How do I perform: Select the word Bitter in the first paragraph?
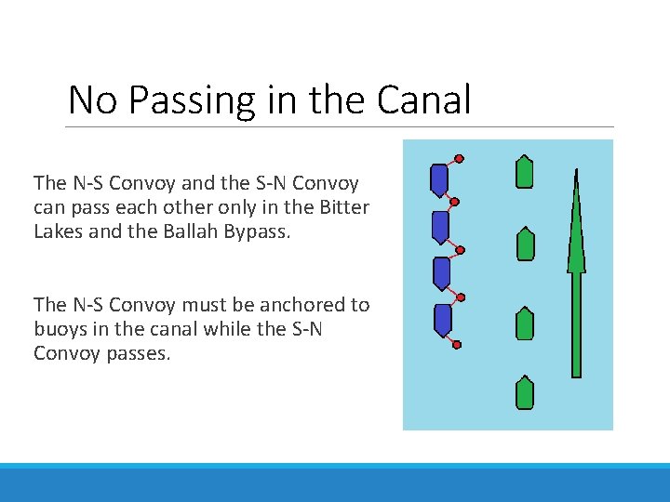point(342,206)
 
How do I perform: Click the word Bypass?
point(256,231)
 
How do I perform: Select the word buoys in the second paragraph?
point(60,329)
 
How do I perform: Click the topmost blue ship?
point(439,179)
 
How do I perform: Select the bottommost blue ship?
point(443,320)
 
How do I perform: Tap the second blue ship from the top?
point(441,227)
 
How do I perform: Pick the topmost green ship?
point(525,172)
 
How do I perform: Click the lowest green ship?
point(525,392)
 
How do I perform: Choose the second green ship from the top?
point(525,243)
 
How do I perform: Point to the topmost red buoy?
point(459,158)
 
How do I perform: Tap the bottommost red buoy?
point(457,345)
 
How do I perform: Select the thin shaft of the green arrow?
point(577,325)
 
